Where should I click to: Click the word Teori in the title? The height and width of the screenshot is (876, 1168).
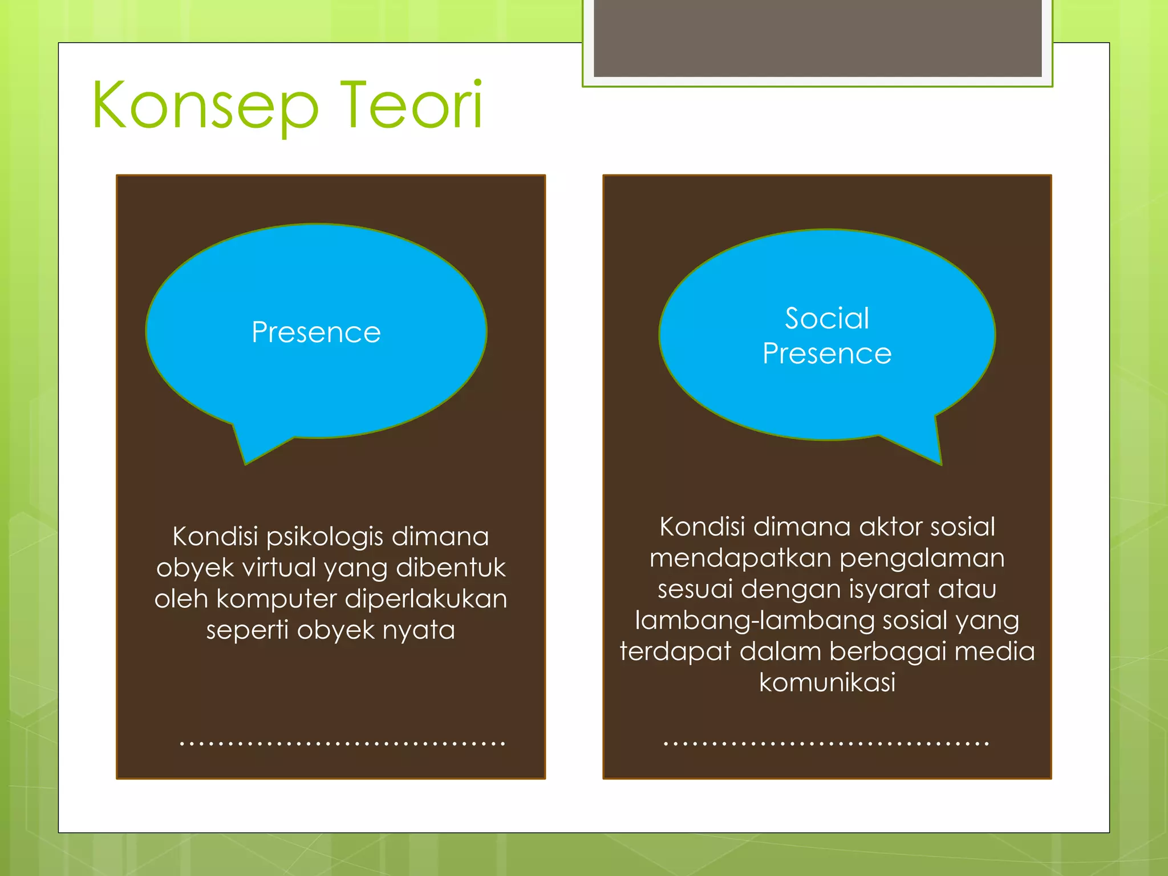pos(411,106)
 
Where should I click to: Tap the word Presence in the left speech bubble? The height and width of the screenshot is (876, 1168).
pos(316,332)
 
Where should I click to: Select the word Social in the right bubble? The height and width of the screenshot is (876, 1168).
pos(827,318)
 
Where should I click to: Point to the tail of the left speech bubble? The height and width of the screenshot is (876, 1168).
pos(251,448)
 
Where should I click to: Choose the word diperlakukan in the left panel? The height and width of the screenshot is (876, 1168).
pos(426,599)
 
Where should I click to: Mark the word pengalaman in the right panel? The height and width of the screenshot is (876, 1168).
pos(922,558)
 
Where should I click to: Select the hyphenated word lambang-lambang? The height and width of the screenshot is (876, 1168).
pos(755,620)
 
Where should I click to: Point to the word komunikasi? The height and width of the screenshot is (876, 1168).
pos(827,682)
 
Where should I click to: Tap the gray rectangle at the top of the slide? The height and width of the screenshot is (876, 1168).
pos(817,38)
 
